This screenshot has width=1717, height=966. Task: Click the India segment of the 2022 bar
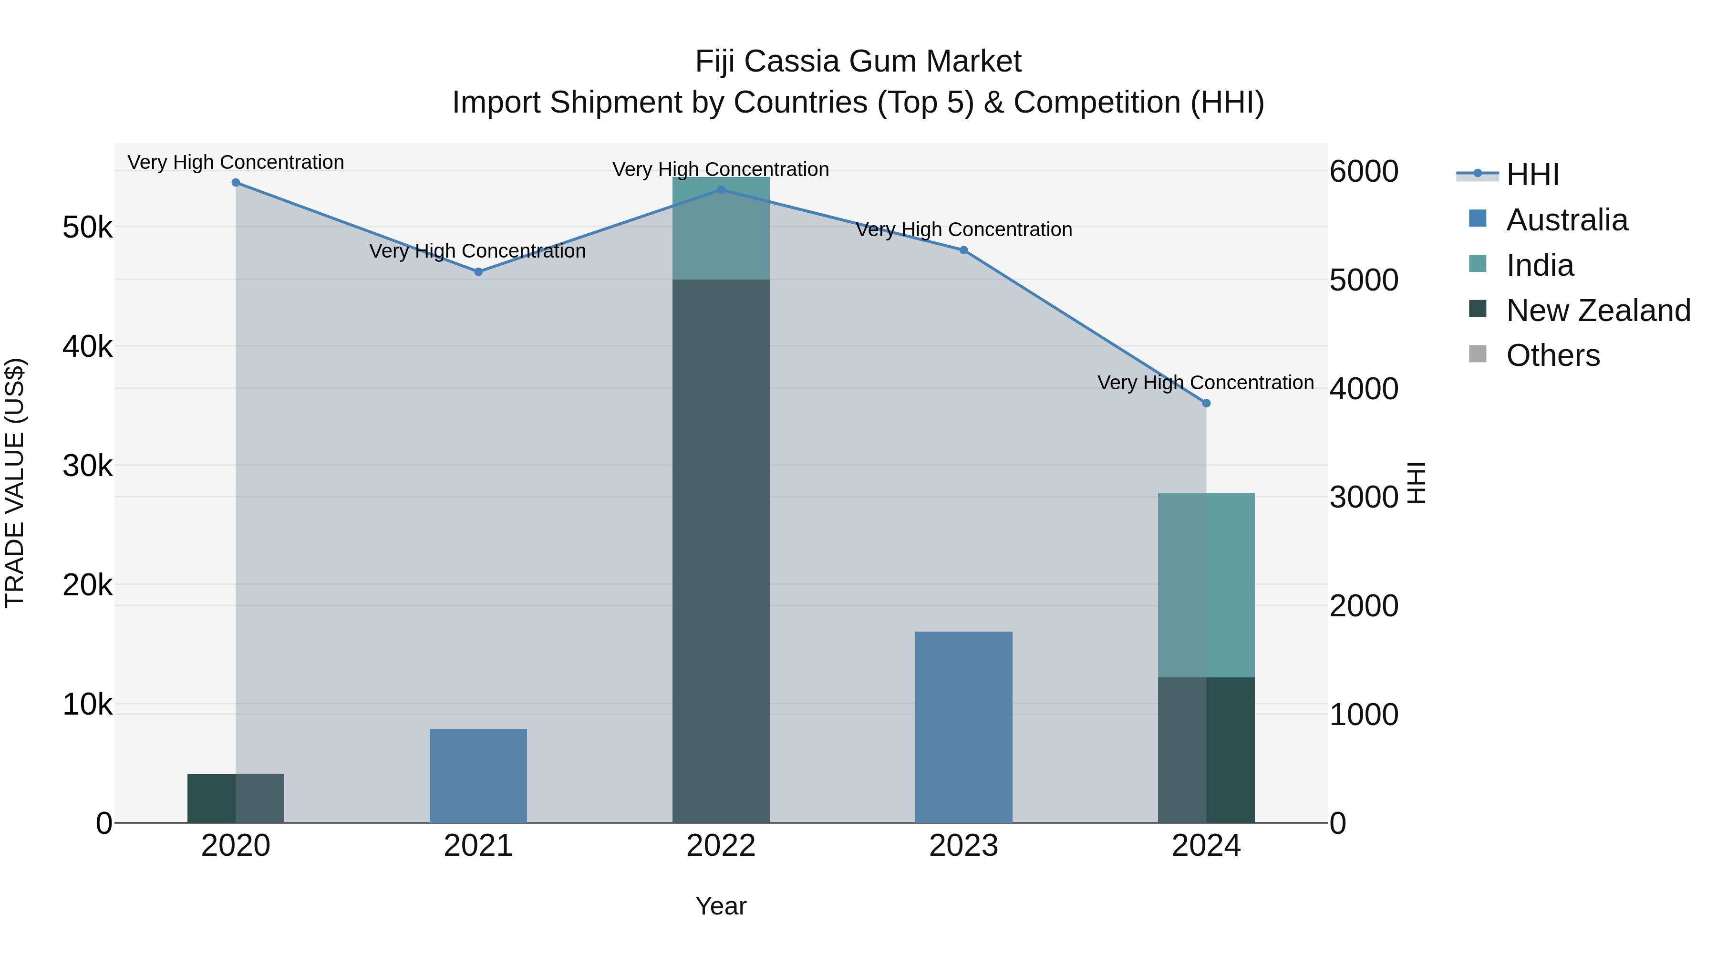[x=721, y=229]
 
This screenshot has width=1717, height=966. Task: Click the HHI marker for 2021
[x=478, y=271]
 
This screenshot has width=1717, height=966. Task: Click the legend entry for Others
[x=1552, y=355]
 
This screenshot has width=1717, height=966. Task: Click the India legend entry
[x=1539, y=265]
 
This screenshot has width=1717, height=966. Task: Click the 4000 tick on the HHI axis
[x=1364, y=389]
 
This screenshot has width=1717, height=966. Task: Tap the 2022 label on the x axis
[x=721, y=846]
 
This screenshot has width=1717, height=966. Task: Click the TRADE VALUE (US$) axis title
[x=15, y=483]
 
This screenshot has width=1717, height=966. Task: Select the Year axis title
[x=721, y=906]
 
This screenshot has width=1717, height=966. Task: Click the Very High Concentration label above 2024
[x=1205, y=383]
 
